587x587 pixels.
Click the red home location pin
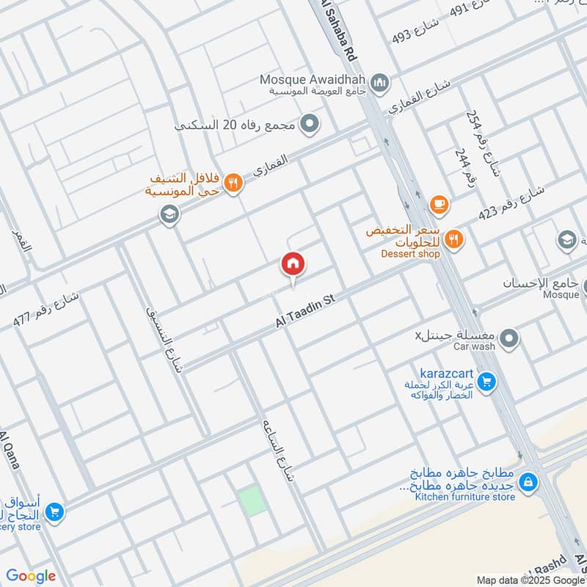293,265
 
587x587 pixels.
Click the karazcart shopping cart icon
485,382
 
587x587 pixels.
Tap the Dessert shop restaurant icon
454,238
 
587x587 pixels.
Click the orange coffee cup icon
439,205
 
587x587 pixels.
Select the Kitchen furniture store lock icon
528,482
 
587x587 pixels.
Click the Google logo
31,576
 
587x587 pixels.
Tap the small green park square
249,501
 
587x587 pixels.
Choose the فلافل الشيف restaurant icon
233,183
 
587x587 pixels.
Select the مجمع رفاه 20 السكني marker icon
310,123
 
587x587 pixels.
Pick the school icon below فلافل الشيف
169,215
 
